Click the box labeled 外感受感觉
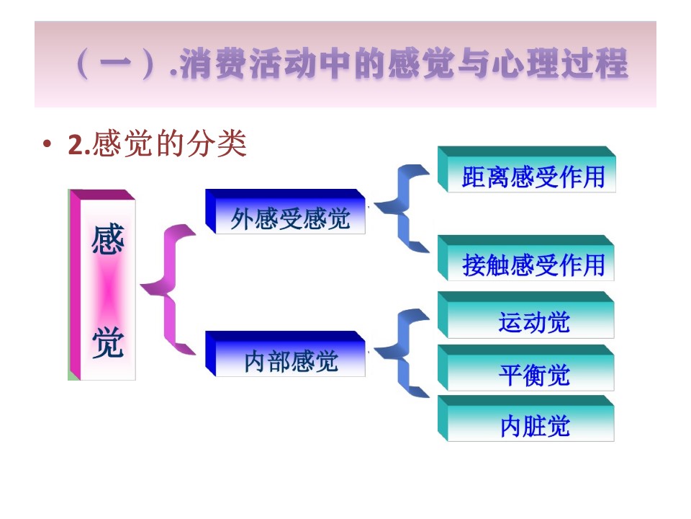click(x=286, y=212)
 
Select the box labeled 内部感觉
click(x=286, y=354)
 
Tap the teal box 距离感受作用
click(x=527, y=170)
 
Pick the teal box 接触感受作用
click(x=526, y=258)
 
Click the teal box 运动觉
click(x=526, y=315)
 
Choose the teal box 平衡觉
click(x=526, y=368)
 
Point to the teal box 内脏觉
click(x=526, y=419)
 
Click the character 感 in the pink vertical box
click(x=108, y=239)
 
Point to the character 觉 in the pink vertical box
click(x=108, y=342)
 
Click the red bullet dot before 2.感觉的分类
click(x=47, y=144)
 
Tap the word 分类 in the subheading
click(x=217, y=143)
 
